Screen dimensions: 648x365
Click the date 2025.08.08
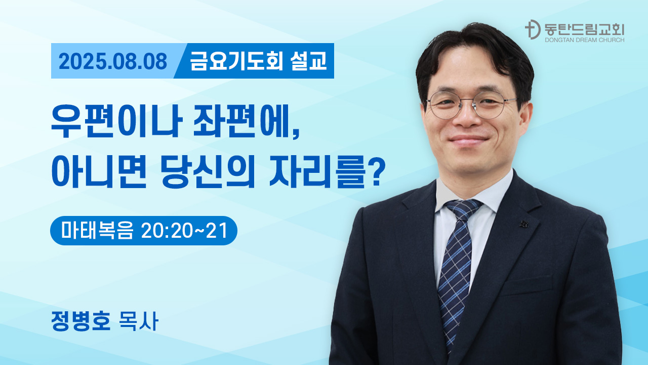click(113, 61)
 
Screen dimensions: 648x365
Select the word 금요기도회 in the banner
click(236, 61)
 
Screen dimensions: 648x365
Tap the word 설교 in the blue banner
click(308, 61)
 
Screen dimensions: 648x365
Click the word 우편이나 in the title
click(116, 121)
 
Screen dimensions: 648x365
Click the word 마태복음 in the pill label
click(97, 231)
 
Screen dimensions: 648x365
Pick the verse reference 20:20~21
click(184, 231)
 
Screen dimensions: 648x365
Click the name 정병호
click(81, 321)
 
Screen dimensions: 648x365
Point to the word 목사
click(139, 321)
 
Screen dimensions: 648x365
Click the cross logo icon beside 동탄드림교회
click(533, 29)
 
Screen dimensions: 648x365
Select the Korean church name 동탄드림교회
click(584, 29)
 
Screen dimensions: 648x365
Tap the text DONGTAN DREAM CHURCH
click(584, 40)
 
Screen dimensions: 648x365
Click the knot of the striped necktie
click(462, 209)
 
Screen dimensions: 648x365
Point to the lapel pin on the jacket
click(523, 224)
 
